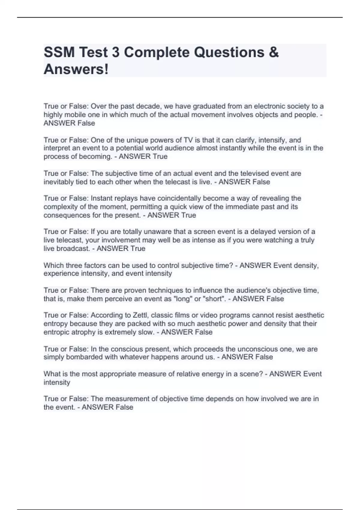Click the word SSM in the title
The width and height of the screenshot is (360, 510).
click(59, 52)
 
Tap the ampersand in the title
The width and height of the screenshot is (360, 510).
click(274, 52)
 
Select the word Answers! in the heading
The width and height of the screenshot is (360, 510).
click(76, 70)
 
